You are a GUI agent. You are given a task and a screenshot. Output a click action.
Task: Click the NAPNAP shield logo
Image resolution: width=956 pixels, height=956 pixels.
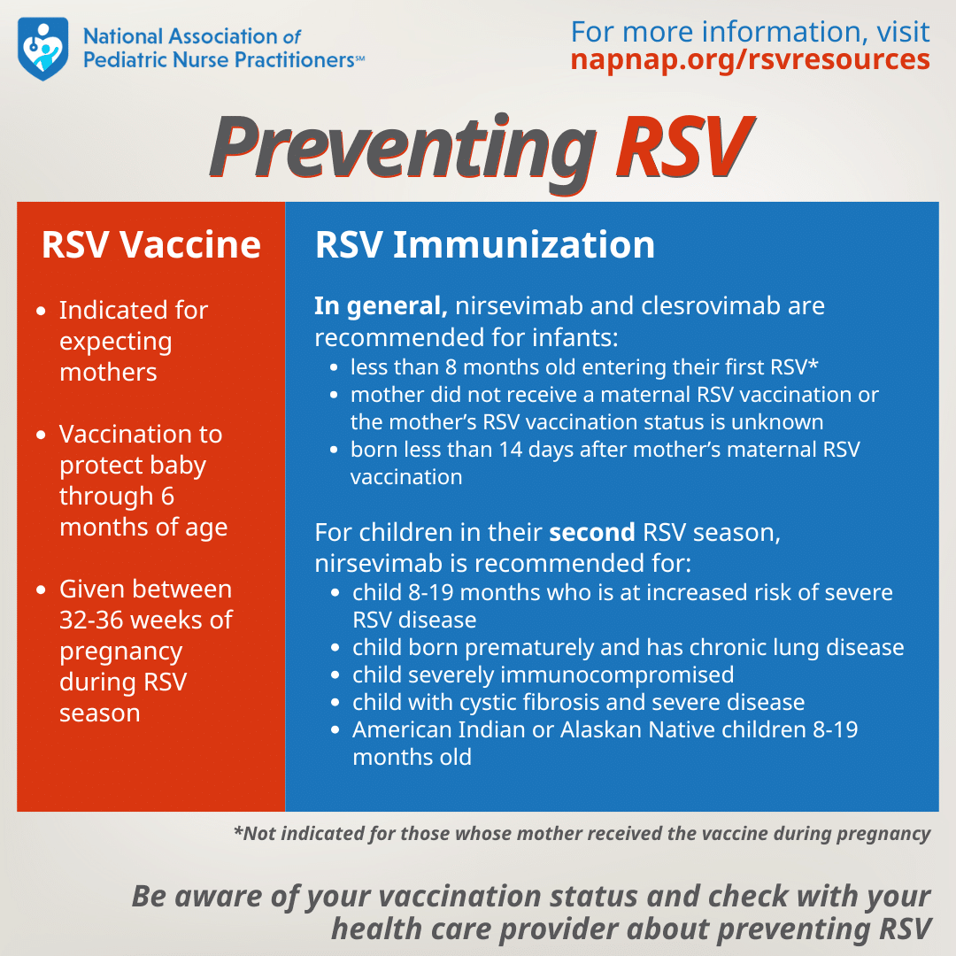pos(42,48)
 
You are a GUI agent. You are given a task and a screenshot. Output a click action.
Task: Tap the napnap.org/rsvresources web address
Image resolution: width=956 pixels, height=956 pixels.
pos(750,59)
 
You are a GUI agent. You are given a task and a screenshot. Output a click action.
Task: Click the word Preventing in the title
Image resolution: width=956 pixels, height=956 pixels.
pos(403,145)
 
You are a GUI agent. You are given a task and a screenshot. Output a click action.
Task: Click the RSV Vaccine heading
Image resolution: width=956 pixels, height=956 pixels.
pos(151,244)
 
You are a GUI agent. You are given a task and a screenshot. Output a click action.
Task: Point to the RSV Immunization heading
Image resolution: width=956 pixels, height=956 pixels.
pos(485,244)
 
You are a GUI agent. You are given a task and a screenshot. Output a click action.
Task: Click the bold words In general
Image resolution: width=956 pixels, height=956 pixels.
pos(381,306)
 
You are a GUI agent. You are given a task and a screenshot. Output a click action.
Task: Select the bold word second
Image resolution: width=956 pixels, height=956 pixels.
pos(592,534)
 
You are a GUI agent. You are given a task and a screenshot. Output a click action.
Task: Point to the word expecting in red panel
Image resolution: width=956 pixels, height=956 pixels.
pos(116,342)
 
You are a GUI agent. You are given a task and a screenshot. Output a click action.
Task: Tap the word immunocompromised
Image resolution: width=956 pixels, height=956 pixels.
pos(615,675)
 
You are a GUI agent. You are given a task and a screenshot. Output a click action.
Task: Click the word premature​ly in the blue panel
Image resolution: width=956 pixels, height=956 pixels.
pos(509,647)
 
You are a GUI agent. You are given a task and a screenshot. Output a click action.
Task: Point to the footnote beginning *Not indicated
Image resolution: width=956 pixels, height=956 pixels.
pos(582,833)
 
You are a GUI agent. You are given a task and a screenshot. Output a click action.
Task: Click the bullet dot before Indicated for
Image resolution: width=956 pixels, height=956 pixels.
pos(42,312)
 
